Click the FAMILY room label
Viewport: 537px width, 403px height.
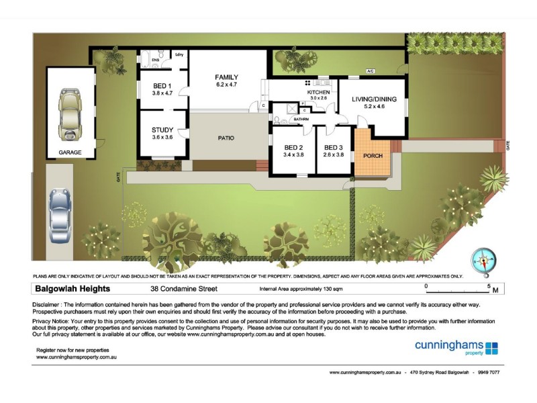(227, 77)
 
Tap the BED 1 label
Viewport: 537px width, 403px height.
(162, 85)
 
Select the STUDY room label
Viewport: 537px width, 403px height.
(162, 130)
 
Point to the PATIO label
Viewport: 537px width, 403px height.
(226, 138)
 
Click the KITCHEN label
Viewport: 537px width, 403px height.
(318, 91)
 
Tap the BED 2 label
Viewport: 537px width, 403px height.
(294, 147)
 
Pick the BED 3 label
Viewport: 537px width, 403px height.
(333, 147)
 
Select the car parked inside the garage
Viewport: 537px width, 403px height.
(69, 116)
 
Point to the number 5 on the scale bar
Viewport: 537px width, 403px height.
(489, 286)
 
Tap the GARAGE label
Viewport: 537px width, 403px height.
(70, 152)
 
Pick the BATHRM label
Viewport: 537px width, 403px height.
(300, 120)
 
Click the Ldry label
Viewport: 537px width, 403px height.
(179, 54)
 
